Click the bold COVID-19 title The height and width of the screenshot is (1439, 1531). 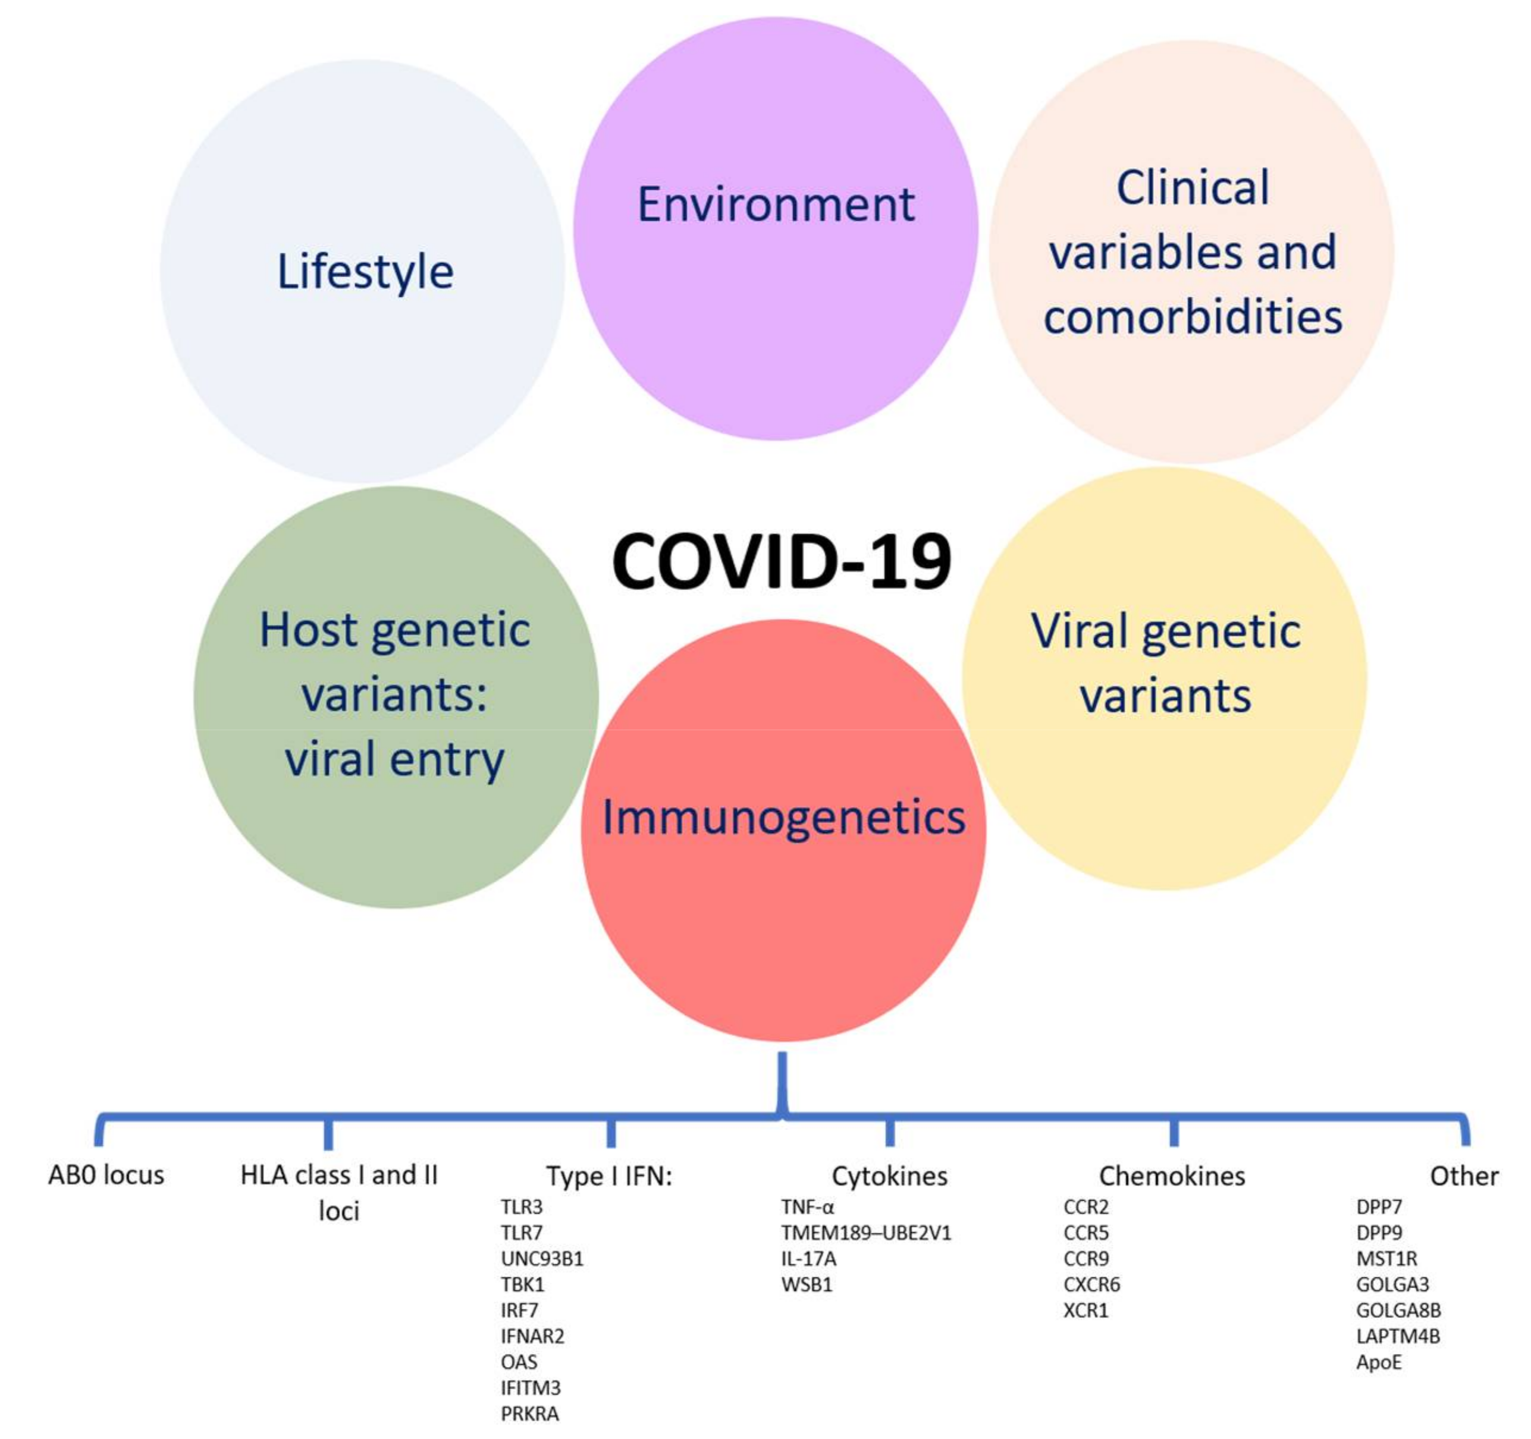point(781,562)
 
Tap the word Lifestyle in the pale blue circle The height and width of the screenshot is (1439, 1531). point(365,272)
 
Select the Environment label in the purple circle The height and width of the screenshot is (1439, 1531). point(776,205)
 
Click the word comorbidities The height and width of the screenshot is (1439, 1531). point(1192,316)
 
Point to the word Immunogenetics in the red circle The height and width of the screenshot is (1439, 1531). point(783,817)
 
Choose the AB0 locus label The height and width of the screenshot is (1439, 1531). point(106,1175)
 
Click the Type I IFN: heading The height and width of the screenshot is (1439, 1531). point(609,1176)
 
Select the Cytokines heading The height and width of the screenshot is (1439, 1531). point(889,1176)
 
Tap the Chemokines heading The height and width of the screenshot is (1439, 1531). point(1171,1176)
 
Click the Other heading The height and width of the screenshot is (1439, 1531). point(1463,1176)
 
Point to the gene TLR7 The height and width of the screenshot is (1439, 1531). point(522,1233)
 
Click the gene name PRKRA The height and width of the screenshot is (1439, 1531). point(530,1413)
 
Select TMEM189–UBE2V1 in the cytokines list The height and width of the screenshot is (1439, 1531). point(865,1233)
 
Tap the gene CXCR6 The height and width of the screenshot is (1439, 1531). point(1091,1284)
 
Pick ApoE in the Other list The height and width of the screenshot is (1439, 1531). point(1379,1362)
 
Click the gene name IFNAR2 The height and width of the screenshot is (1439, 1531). point(532,1336)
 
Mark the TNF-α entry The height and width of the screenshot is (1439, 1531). point(807,1207)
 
